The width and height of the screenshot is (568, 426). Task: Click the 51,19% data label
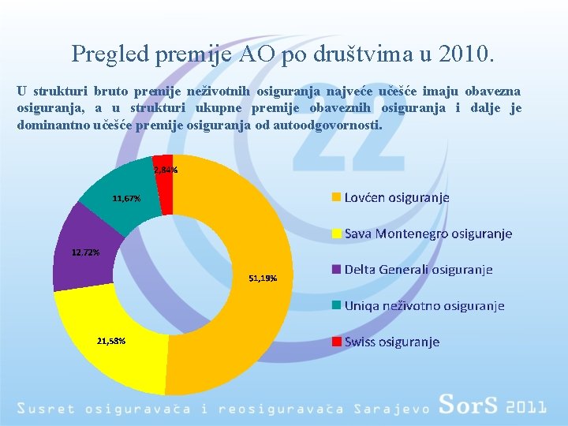(x=262, y=278)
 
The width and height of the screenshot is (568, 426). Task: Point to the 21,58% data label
(x=110, y=341)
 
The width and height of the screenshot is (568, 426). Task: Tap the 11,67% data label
(x=126, y=199)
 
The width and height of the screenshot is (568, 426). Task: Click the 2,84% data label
(x=166, y=170)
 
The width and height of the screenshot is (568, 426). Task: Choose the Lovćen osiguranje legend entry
(x=396, y=197)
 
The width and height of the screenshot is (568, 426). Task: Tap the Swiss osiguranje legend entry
(x=391, y=342)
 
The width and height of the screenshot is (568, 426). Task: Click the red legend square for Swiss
(x=336, y=342)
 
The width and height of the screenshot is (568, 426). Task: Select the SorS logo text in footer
(x=469, y=405)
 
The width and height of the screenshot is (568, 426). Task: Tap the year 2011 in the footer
(x=526, y=407)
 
